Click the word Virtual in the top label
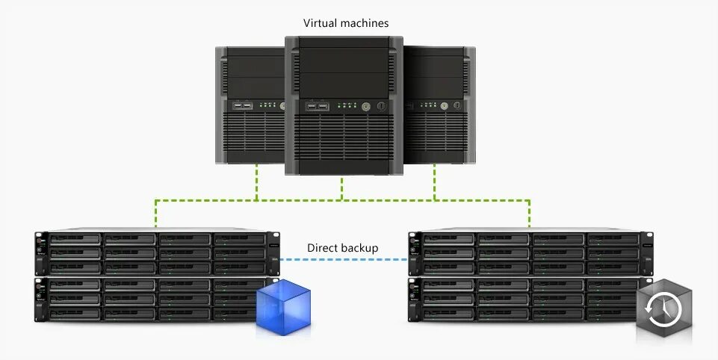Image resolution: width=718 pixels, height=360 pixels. click(320, 23)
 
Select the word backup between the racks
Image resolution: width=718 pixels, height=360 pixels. click(360, 247)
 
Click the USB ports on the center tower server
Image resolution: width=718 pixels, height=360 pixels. click(318, 107)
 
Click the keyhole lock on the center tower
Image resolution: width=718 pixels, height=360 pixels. click(381, 107)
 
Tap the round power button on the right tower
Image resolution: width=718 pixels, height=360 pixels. click(444, 107)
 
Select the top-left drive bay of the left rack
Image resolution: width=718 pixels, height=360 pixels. click(75, 240)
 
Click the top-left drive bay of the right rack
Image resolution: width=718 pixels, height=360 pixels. click(448, 240)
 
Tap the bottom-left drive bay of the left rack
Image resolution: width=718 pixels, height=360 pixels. click(75, 314)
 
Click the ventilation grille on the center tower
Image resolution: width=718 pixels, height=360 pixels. click(343, 138)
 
